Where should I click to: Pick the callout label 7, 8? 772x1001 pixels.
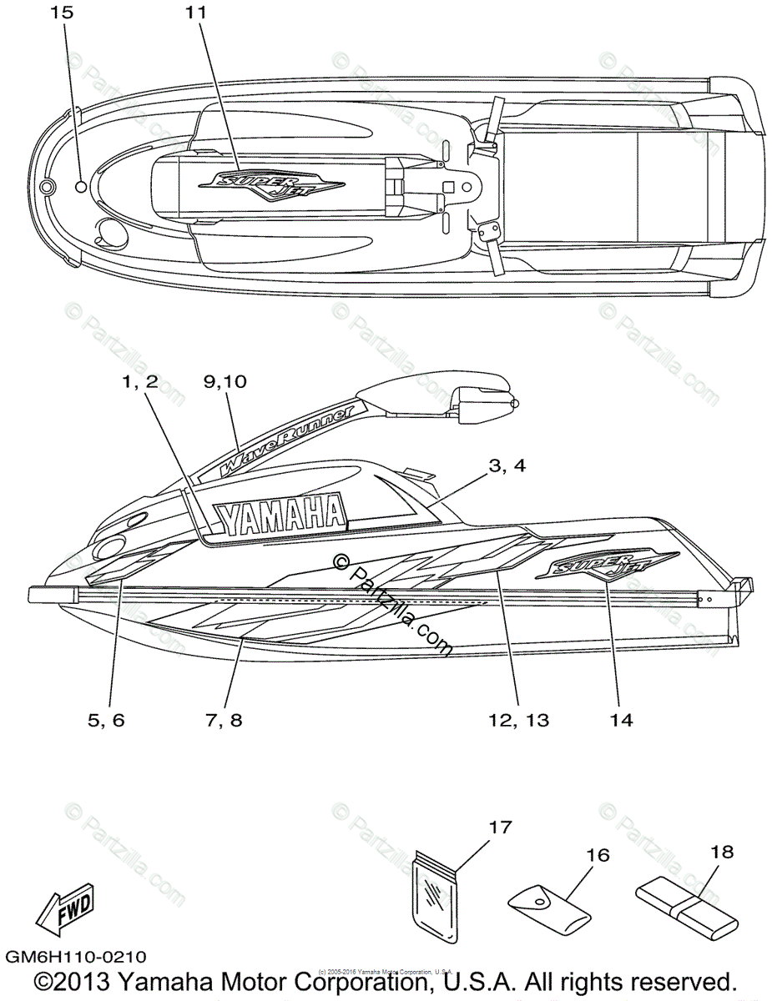point(223,720)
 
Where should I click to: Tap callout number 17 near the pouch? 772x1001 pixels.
point(498,827)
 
